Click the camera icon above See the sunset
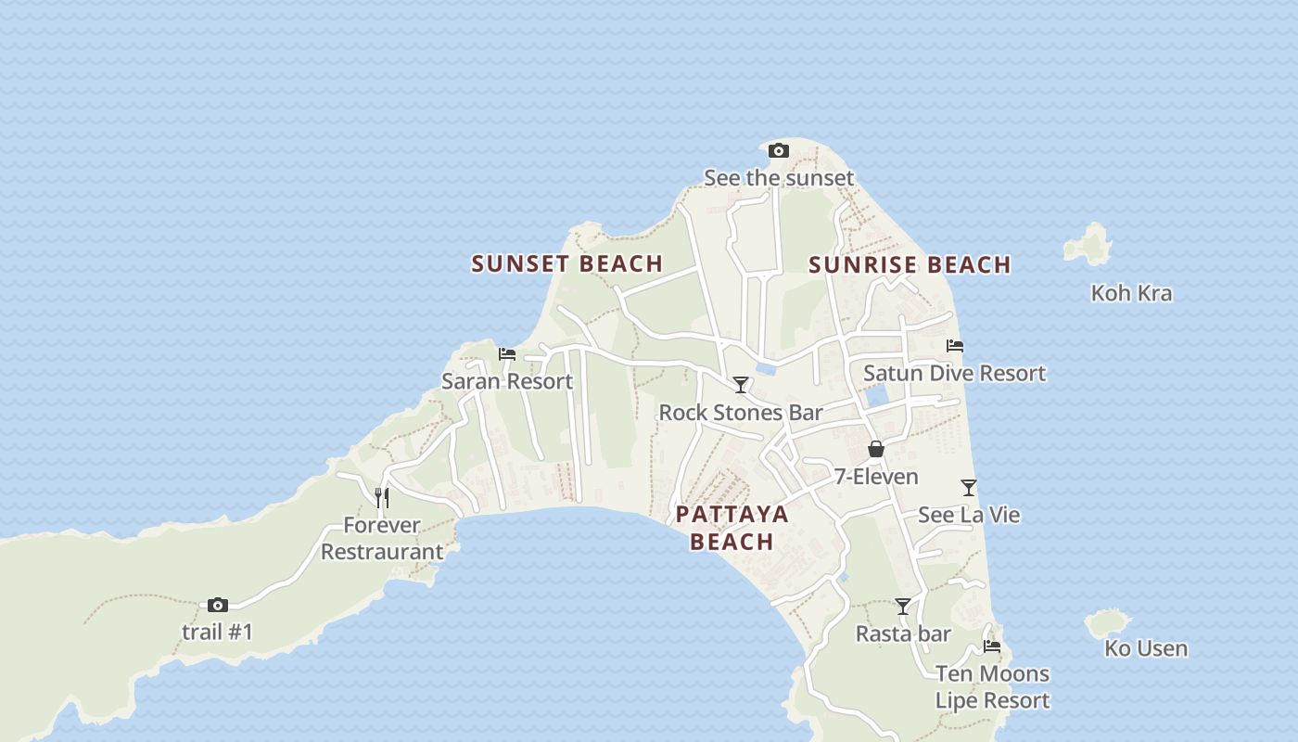pyautogui.click(x=779, y=150)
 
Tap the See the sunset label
pyautogui.click(x=779, y=177)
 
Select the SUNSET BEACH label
pyautogui.click(x=566, y=263)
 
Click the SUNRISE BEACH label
pyautogui.click(x=910, y=264)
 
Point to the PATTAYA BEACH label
pyautogui.click(x=732, y=528)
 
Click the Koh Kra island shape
pyautogui.click(x=1089, y=243)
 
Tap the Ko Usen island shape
pyautogui.click(x=1109, y=623)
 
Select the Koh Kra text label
pyautogui.click(x=1131, y=293)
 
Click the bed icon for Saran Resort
pyautogui.click(x=507, y=353)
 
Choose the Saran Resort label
pyautogui.click(x=507, y=381)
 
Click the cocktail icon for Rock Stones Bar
pyautogui.click(x=740, y=384)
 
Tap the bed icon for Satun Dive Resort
pyautogui.click(x=955, y=346)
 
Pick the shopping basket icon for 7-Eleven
pyautogui.click(x=875, y=450)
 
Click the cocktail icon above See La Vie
pyautogui.click(x=969, y=487)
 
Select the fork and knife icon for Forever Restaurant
pyautogui.click(x=381, y=497)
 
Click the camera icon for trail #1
pyautogui.click(x=218, y=605)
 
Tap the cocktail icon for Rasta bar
pyautogui.click(x=903, y=607)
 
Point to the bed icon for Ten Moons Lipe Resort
pyautogui.click(x=992, y=646)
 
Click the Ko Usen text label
pyautogui.click(x=1146, y=648)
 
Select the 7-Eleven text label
pyautogui.click(x=876, y=477)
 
